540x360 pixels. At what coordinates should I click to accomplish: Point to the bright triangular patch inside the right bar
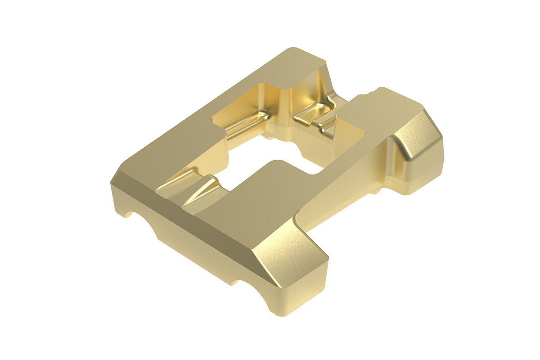346,135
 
